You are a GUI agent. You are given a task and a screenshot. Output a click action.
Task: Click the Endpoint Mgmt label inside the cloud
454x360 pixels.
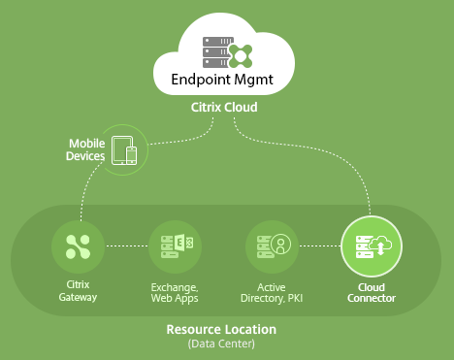222,80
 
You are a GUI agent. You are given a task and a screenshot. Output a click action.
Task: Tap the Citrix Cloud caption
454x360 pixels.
224,107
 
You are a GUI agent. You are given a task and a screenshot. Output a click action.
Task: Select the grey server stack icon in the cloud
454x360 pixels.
218,52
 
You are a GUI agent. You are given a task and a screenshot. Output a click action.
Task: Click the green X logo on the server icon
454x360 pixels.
240,56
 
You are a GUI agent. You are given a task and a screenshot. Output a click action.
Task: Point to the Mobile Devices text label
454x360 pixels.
85,149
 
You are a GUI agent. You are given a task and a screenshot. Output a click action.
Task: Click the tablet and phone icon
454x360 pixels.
124,150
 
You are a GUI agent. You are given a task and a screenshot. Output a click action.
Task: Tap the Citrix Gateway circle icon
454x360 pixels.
78,246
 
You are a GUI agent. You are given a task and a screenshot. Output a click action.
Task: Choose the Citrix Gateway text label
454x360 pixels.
78,291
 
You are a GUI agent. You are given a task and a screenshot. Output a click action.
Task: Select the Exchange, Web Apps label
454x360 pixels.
175,293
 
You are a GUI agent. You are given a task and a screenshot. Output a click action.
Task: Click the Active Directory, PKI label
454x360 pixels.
272,293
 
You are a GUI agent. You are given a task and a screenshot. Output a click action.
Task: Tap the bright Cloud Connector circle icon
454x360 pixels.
372,246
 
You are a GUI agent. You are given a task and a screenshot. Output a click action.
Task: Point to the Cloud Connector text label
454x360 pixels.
372,293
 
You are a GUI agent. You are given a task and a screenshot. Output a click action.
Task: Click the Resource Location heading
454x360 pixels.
221,329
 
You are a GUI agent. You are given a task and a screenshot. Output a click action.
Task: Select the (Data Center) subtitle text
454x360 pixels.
221,344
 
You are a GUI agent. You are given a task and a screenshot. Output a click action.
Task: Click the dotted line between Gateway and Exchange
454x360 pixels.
127,246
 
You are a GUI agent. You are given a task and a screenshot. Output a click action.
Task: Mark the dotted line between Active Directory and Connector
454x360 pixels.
320,246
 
